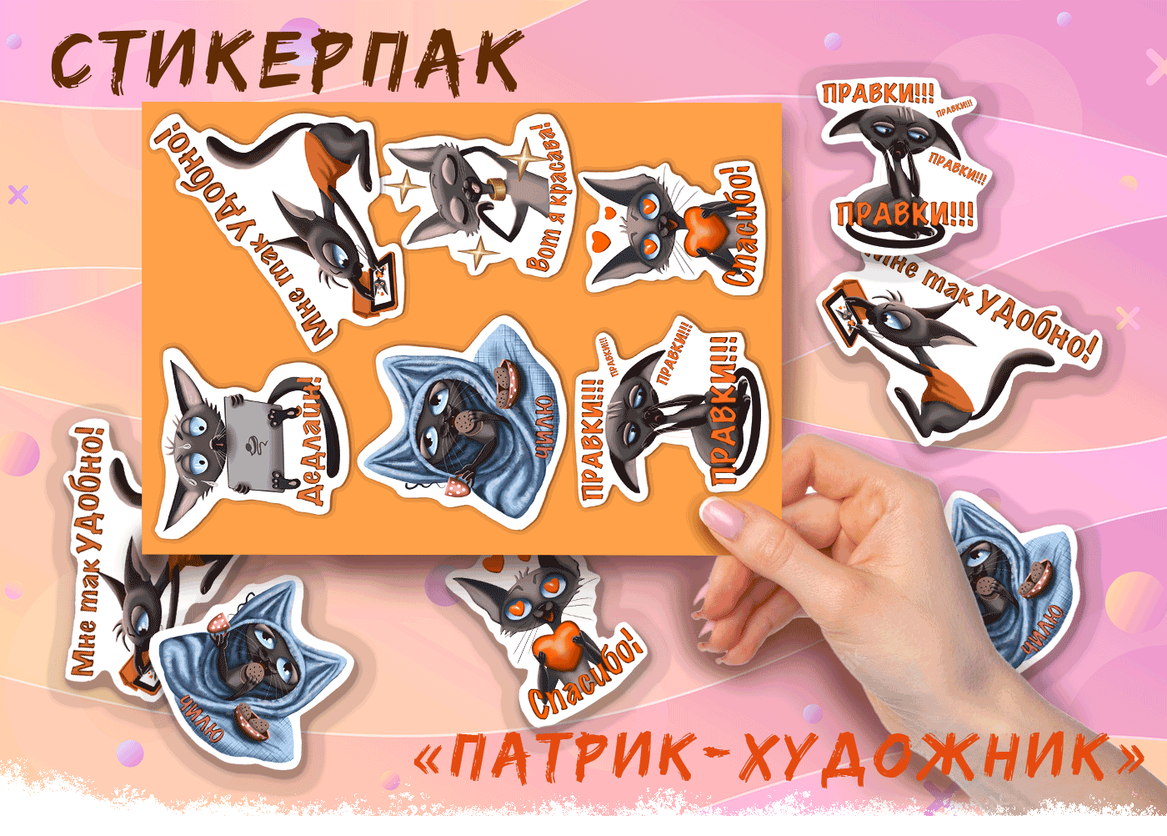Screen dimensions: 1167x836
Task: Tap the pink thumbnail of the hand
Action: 723,516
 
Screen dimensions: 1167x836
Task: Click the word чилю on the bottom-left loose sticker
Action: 203,718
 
